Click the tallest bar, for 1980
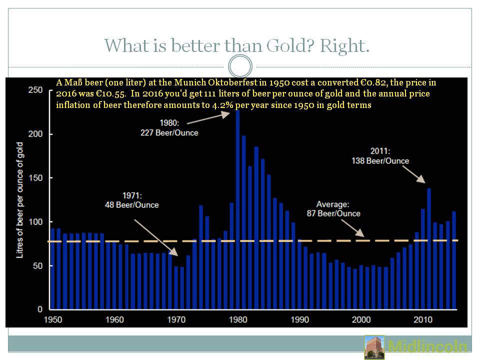[x=237, y=210]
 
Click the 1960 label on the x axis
[x=115, y=319]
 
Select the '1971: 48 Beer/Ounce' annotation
[x=131, y=200]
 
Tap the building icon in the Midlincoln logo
[x=374, y=347]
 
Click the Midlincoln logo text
[x=427, y=347]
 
